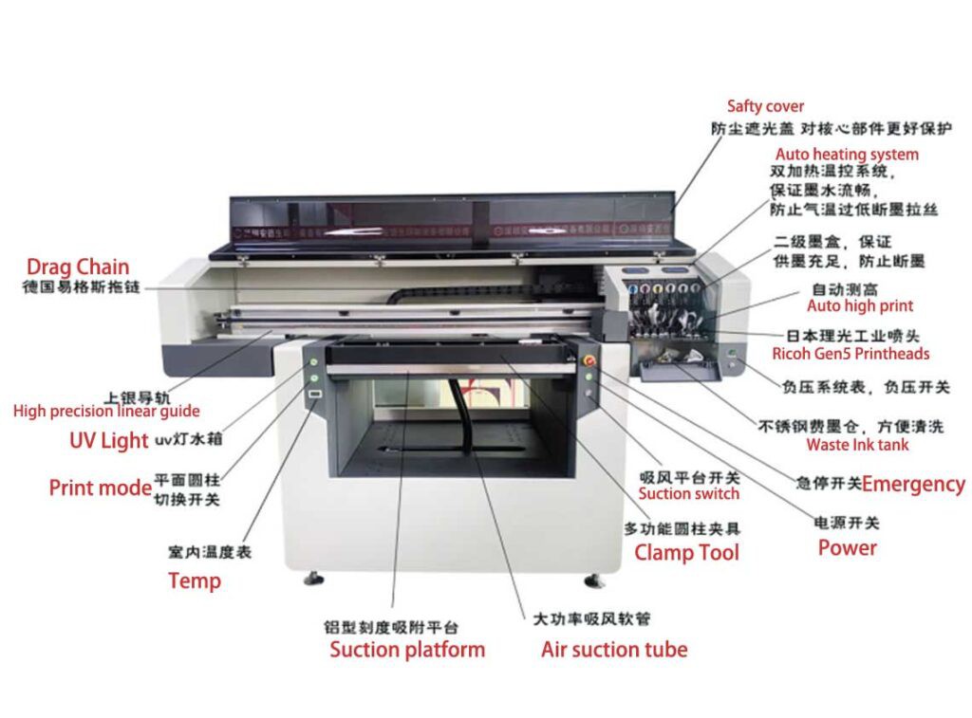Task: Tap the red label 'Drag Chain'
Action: [x=78, y=267]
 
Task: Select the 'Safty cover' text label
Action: [x=765, y=106]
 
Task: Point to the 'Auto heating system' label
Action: [x=847, y=154]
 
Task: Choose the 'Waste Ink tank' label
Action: [x=857, y=444]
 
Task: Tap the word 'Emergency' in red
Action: [x=913, y=484]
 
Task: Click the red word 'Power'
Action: [x=847, y=547]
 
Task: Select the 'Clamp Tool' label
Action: [x=686, y=552]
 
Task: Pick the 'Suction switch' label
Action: [x=688, y=493]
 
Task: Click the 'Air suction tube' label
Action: [x=614, y=650]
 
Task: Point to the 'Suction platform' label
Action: [x=407, y=650]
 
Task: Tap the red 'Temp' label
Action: [x=195, y=580]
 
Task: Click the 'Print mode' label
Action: [x=101, y=488]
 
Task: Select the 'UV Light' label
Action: [x=109, y=440]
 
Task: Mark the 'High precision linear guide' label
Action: [x=106, y=411]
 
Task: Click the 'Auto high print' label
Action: [x=860, y=305]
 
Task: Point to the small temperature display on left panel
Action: [x=315, y=397]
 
